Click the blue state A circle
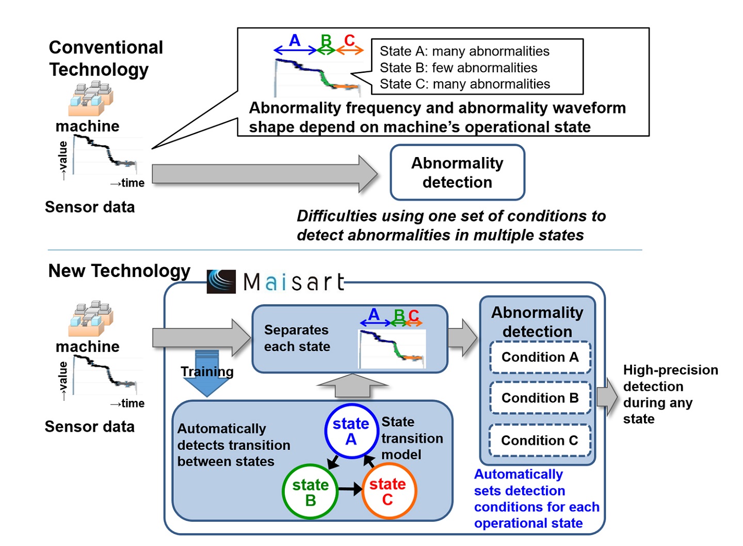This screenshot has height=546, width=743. (x=351, y=431)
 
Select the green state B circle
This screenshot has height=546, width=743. (x=310, y=492)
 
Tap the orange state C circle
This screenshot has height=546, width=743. (x=388, y=491)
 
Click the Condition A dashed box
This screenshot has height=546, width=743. (x=540, y=357)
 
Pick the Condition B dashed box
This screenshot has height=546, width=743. (x=540, y=398)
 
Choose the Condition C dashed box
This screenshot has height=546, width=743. (x=540, y=440)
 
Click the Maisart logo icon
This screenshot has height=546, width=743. (x=221, y=282)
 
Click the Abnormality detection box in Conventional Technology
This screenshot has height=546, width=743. (x=457, y=173)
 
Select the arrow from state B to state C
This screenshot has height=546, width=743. (x=350, y=489)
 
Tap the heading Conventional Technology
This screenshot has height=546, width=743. (x=106, y=58)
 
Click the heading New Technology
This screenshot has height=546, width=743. (x=119, y=271)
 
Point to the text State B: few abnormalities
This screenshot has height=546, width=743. (x=458, y=68)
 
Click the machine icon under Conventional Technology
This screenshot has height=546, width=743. (x=90, y=98)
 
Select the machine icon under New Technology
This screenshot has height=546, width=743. (x=90, y=318)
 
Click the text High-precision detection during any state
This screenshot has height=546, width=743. (x=670, y=394)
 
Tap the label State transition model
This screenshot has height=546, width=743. (x=412, y=438)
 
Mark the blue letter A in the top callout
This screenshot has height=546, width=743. (x=295, y=40)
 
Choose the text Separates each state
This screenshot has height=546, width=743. (x=297, y=338)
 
